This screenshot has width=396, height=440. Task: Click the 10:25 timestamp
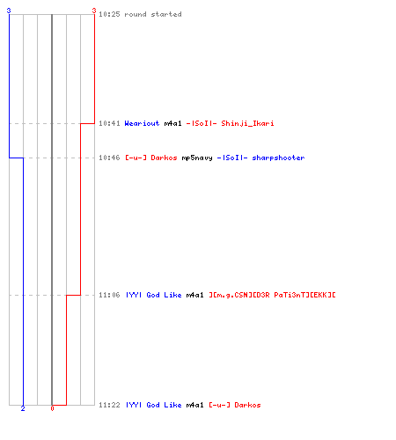coord(109,14)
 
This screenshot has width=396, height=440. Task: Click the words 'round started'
coord(153,14)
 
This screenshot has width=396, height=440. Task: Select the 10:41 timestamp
coord(109,123)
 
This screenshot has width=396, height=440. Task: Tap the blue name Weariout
coord(142,123)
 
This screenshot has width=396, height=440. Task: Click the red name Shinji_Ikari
coord(247,123)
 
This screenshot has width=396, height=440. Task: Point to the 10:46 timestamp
coord(109,158)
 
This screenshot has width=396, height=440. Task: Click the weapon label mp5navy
coord(197,158)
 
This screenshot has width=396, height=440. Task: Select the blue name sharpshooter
coord(278,158)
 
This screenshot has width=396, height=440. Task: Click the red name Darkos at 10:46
coord(164,158)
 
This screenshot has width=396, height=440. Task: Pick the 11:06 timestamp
coord(109,295)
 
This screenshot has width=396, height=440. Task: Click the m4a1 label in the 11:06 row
coord(194,295)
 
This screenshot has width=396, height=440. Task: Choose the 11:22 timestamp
coord(109,405)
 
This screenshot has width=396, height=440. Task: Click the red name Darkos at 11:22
coord(247,405)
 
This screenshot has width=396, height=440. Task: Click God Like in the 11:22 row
coord(164,405)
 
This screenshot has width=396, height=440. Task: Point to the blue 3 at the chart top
coord(9,11)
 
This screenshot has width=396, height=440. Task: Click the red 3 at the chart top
coord(94,11)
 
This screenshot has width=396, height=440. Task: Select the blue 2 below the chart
coord(23,408)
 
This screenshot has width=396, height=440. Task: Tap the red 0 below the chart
coord(52,408)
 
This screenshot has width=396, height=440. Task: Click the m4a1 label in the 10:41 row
coord(172,123)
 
